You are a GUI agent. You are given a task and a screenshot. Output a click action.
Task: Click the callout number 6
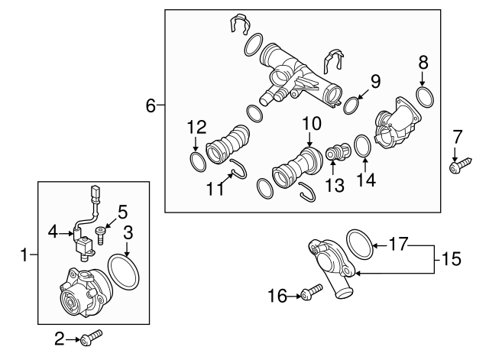point(150,106)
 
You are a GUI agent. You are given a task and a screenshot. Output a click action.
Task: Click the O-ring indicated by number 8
point(426,97)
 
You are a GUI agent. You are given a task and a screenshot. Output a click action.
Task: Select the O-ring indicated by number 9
point(351,105)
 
